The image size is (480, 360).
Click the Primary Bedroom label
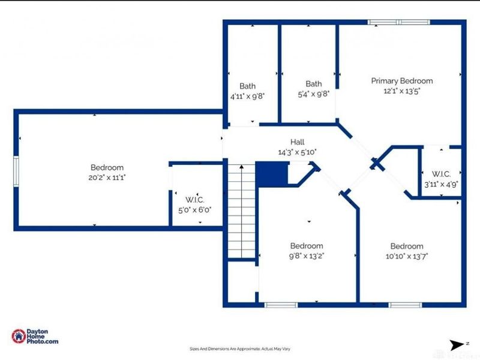click(401, 81)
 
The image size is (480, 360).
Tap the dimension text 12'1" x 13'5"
click(401, 92)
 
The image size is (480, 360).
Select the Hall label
click(298, 142)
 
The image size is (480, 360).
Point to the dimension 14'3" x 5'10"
click(298, 152)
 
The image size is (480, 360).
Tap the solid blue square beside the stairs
click(272, 174)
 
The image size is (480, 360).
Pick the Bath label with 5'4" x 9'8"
click(313, 83)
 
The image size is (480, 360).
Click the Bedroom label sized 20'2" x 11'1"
click(107, 167)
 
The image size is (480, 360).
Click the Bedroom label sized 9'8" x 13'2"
click(307, 245)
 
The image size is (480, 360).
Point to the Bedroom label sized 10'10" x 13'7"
click(406, 246)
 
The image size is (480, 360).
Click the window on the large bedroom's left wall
click(17, 168)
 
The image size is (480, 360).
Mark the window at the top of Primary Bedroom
click(398, 23)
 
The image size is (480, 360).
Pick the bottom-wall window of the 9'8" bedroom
click(281, 305)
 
